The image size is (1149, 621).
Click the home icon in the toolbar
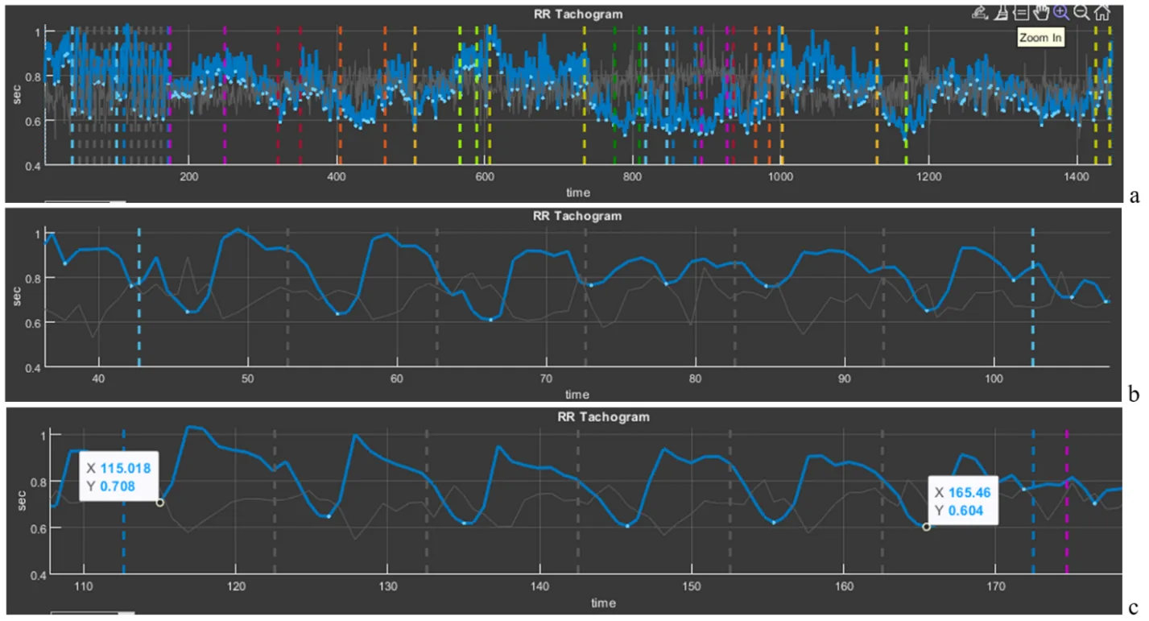click(x=1102, y=12)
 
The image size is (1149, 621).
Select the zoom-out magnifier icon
click(x=1082, y=12)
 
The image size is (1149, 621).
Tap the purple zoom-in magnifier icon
click(x=1061, y=12)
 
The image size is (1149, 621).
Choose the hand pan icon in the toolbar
click(x=1041, y=12)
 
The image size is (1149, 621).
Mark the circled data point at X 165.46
click(x=926, y=527)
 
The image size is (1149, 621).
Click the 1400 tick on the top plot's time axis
click(x=1077, y=178)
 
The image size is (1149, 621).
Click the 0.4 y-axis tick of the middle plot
click(x=35, y=368)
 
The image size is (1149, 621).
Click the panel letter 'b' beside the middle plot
click(x=1134, y=393)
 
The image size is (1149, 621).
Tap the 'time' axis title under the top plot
click(x=577, y=193)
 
